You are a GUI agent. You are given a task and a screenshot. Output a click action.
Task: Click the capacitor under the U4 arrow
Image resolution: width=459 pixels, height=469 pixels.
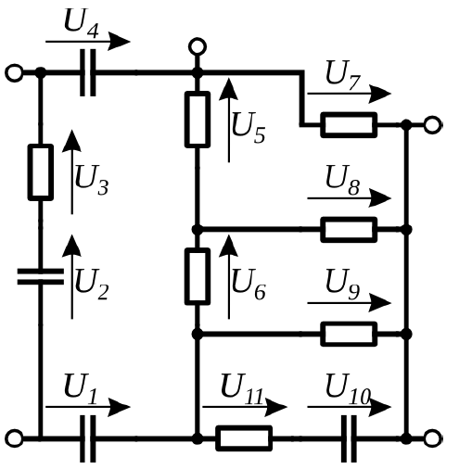click(88, 73)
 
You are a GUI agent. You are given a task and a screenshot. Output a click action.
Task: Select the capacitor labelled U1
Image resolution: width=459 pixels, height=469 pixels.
click(88, 438)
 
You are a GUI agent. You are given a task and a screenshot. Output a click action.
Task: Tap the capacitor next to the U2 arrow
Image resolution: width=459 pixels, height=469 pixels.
click(41, 276)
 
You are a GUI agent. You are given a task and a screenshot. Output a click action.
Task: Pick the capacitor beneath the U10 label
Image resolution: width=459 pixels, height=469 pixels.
click(349, 438)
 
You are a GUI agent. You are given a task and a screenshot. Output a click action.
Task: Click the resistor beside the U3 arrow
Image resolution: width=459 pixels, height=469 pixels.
click(41, 172)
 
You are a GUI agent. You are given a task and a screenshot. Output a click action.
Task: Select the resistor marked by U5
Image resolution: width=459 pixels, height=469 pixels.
click(198, 120)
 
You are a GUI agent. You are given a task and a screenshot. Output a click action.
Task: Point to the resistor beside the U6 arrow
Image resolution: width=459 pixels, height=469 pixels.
click(198, 276)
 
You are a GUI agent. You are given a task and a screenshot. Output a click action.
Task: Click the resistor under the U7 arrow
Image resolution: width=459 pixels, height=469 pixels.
click(349, 125)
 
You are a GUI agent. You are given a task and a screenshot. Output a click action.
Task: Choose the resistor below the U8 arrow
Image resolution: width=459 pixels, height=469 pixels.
click(349, 230)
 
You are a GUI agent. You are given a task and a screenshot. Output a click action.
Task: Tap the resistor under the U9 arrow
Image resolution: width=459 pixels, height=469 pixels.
click(349, 334)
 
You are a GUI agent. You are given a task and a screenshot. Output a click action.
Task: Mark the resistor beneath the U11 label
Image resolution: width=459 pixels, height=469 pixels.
click(244, 438)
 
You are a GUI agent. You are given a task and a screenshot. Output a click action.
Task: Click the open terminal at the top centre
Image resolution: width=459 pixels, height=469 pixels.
click(198, 47)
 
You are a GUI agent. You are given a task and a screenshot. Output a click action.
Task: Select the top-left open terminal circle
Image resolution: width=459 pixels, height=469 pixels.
click(14, 73)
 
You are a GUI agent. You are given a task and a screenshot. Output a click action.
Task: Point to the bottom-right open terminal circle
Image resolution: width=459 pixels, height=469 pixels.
click(432, 438)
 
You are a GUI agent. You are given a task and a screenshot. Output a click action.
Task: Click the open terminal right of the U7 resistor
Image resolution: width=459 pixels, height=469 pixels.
click(432, 125)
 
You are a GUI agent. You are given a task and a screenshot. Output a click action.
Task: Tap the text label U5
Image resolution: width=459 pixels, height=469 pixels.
click(249, 127)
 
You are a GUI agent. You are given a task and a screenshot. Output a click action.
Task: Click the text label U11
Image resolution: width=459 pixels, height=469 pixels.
click(242, 388)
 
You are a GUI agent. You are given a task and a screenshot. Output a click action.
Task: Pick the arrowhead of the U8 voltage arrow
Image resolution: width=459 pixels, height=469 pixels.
click(381, 198)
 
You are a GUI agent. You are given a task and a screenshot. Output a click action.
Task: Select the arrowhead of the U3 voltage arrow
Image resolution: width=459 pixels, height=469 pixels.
click(71, 141)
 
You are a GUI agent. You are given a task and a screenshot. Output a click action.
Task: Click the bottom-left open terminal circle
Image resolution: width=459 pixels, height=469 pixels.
click(14, 438)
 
